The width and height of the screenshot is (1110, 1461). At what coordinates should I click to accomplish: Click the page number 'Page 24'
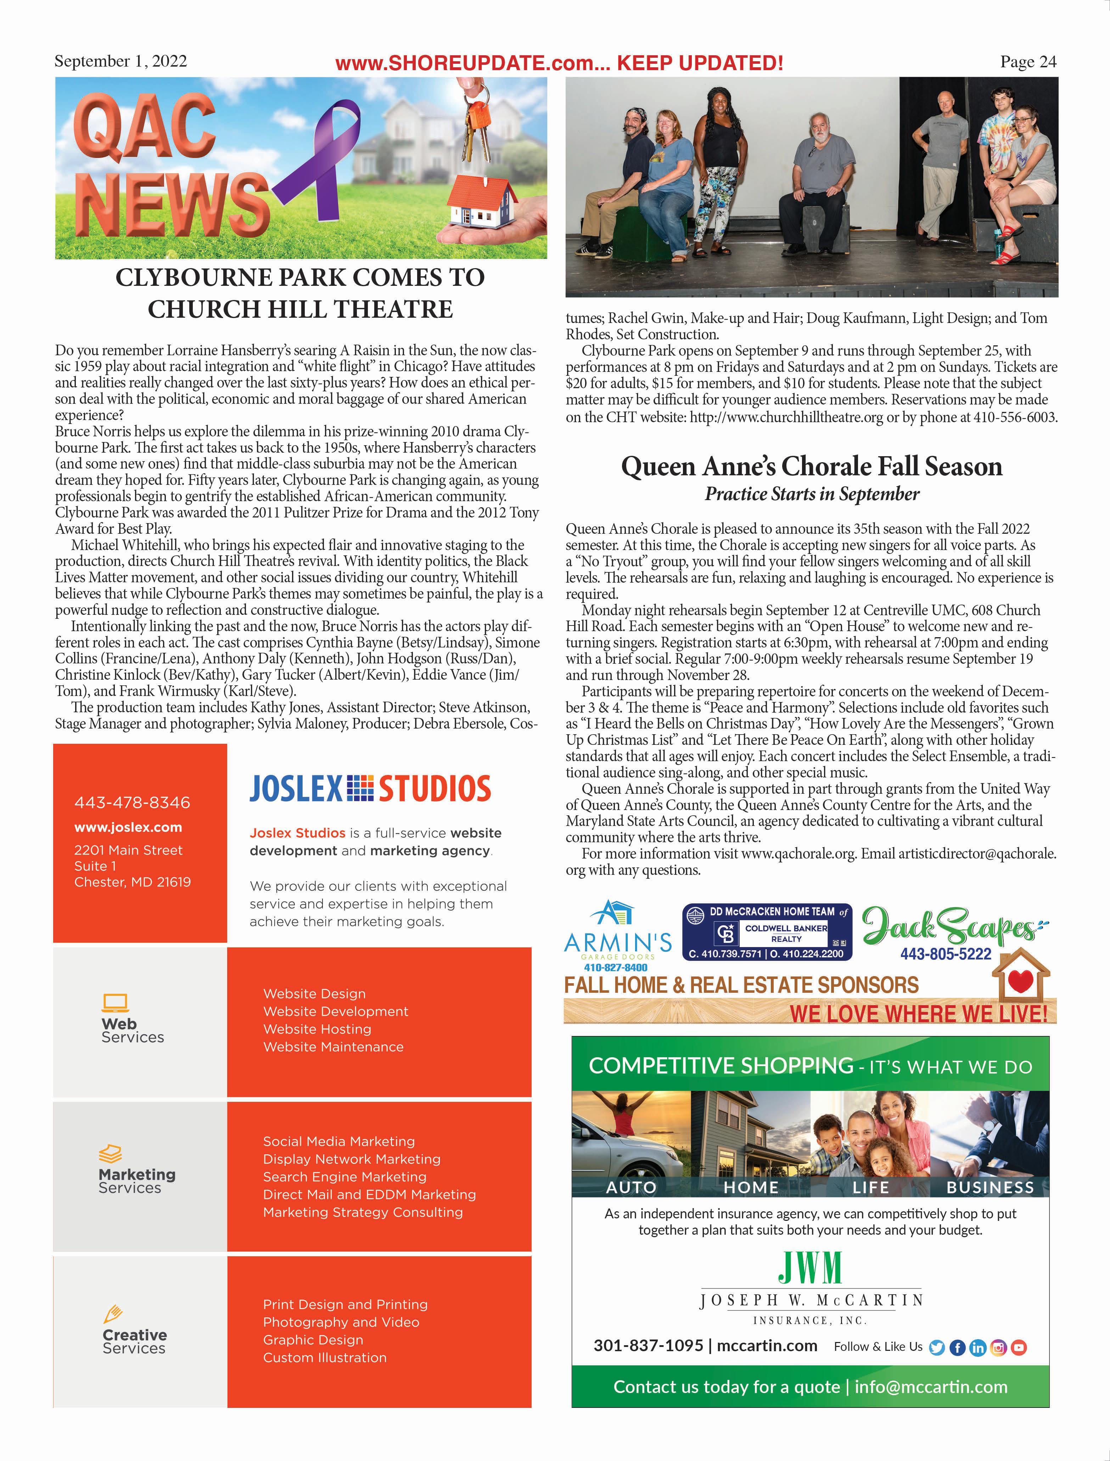(x=1028, y=62)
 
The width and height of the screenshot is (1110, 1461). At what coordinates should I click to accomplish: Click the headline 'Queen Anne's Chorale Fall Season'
(x=811, y=466)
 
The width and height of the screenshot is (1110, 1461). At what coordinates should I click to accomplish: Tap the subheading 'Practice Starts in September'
(x=811, y=494)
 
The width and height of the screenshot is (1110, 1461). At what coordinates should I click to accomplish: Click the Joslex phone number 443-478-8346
(x=132, y=803)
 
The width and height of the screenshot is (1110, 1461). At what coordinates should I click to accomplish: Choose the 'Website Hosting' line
(x=317, y=1029)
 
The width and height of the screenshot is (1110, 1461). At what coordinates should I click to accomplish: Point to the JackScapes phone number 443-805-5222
(x=946, y=954)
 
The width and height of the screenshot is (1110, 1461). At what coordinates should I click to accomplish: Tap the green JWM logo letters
(x=810, y=1268)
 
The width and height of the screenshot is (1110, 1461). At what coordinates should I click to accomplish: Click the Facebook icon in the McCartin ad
(x=957, y=1347)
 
